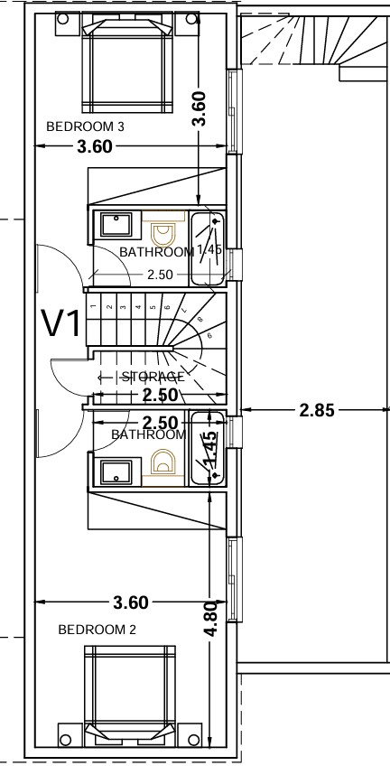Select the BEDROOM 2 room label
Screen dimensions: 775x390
click(97, 629)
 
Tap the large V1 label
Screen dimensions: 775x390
click(62, 323)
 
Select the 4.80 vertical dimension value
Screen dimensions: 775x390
click(209, 620)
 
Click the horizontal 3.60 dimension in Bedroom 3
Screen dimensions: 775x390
click(95, 147)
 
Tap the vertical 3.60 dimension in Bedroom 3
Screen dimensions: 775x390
click(200, 108)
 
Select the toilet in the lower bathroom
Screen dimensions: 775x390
click(164, 462)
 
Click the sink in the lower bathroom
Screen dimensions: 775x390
click(115, 471)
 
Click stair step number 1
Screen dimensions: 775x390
click(94, 308)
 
